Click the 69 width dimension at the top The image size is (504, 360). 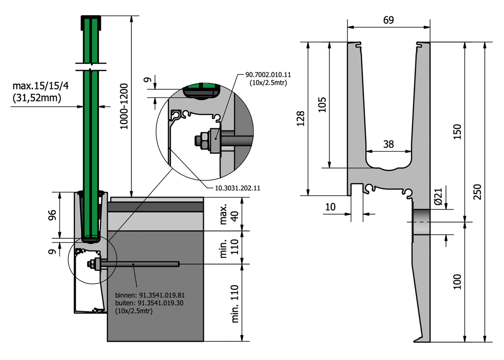coord(388,20)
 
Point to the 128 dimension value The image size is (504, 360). coord(301,118)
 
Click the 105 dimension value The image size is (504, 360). coord(321,104)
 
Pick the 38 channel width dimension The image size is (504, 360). coord(388,144)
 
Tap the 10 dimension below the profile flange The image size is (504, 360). coord(330,207)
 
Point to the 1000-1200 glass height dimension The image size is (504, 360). coord(124,106)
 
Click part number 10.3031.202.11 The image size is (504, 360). coord(230,188)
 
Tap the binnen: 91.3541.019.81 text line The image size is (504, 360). coord(149,295)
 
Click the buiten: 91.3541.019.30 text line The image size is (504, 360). coord(149,303)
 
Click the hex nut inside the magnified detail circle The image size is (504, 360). coord(201,140)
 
